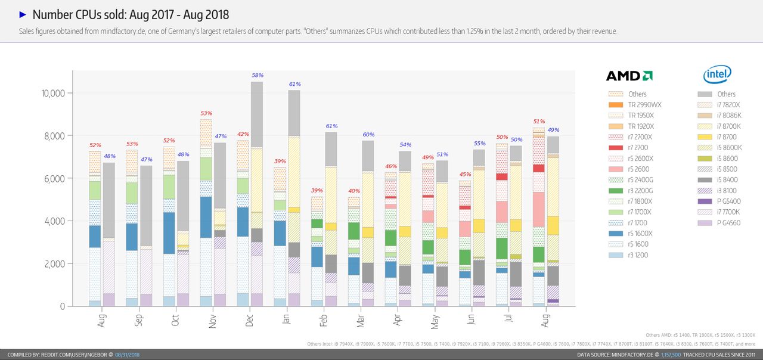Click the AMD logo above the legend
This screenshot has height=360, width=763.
(629, 76)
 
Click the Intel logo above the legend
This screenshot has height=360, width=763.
(717, 75)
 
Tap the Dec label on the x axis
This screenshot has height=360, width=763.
(249, 320)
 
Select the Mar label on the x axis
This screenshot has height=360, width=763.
(361, 320)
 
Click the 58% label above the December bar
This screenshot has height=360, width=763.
(258, 76)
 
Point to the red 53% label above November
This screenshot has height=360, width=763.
(206, 113)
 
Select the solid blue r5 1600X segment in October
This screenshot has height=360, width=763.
(169, 233)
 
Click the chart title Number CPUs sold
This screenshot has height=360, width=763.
(131, 15)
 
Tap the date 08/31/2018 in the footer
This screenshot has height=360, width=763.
(128, 355)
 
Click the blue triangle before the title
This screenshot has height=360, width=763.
(23, 14)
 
